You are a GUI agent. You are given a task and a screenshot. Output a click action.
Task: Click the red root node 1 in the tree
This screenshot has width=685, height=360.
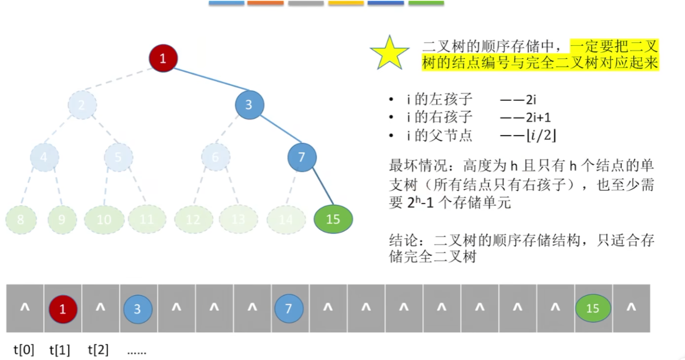click(x=163, y=58)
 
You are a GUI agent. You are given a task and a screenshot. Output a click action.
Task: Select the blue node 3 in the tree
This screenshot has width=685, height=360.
click(x=249, y=105)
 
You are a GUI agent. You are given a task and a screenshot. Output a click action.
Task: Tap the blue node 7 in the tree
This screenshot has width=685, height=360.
click(x=301, y=157)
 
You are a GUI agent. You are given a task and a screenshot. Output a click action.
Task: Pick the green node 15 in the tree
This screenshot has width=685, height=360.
click(x=333, y=219)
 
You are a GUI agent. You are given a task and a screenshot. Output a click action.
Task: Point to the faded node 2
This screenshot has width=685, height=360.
click(x=82, y=105)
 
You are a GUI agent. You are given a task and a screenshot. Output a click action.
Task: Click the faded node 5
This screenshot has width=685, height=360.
click(x=118, y=157)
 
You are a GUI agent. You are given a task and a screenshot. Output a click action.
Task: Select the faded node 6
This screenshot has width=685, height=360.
click(x=215, y=157)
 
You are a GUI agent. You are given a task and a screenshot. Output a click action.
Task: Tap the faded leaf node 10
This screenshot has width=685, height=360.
click(x=104, y=220)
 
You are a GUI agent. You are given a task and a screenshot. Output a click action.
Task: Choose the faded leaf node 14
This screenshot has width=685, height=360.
click(x=286, y=220)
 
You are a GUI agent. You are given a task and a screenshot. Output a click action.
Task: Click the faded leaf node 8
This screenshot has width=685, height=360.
click(x=21, y=220)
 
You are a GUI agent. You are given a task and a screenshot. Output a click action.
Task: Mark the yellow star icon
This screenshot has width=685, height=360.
click(x=390, y=53)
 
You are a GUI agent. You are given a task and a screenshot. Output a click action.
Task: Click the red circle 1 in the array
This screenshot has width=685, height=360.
click(x=63, y=309)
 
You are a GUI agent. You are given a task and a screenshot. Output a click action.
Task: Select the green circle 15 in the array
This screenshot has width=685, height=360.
click(x=593, y=309)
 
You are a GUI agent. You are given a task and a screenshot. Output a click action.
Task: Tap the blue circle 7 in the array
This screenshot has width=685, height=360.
click(x=288, y=309)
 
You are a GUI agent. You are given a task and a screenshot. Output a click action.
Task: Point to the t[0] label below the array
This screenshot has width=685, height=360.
click(x=24, y=351)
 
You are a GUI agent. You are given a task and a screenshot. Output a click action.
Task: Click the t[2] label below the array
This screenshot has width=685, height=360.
click(x=98, y=351)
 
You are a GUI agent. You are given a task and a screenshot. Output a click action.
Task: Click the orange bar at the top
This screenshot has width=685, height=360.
click(x=265, y=3)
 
